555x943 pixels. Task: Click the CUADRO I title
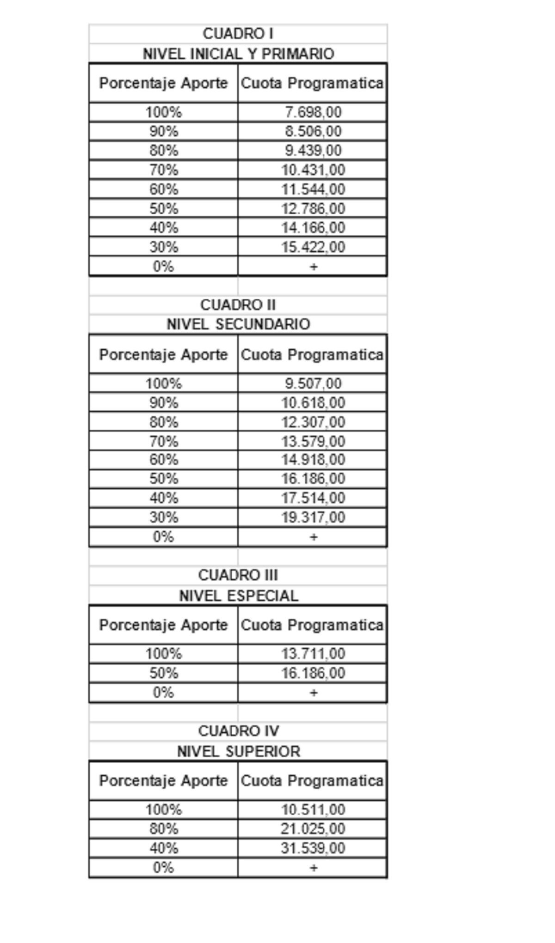238,34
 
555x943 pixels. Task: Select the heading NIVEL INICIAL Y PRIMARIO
238,54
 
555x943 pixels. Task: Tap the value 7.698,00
313,112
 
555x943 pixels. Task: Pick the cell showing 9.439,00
313,151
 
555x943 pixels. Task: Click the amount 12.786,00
313,209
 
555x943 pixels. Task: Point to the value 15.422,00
313,247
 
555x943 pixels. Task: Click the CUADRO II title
238,305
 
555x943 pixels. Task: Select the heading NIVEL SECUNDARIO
238,324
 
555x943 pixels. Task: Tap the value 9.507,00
313,383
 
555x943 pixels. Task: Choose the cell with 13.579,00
313,442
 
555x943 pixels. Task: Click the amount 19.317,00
313,517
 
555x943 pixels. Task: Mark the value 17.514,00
313,498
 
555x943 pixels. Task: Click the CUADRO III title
238,575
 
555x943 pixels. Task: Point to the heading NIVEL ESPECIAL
238,596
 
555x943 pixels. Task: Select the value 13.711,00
313,654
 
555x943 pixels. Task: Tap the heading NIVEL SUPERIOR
238,751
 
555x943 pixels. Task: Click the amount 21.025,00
313,829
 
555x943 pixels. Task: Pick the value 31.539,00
313,848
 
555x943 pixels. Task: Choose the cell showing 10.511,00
313,809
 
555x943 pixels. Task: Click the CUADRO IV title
238,731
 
